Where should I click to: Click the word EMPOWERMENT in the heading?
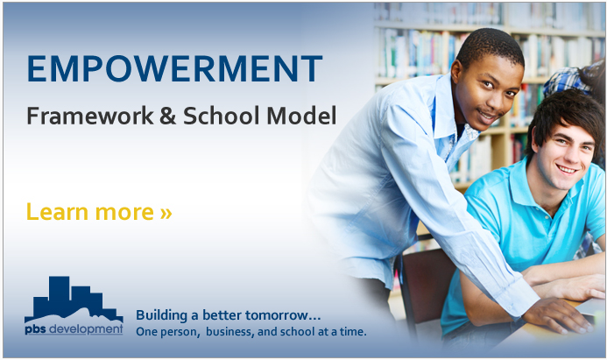[174, 68]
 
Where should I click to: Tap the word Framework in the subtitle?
[90, 116]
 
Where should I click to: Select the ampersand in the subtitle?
[167, 116]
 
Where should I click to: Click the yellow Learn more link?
[99, 212]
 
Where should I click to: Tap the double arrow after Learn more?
[166, 213]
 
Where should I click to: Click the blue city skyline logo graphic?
[74, 299]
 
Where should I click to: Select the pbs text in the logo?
[35, 329]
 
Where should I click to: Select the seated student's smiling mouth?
[568, 169]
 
